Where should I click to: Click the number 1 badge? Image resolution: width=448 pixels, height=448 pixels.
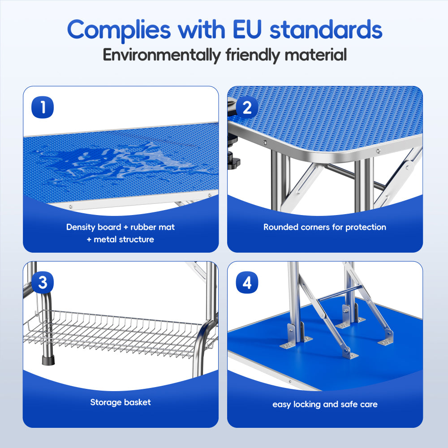point(43,108)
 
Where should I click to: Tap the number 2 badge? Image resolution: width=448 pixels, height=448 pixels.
point(247,108)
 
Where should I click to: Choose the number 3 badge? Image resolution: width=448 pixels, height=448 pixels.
point(43,283)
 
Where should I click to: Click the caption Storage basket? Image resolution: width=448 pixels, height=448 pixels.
point(121,402)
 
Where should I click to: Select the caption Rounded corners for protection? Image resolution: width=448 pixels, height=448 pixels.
point(324,227)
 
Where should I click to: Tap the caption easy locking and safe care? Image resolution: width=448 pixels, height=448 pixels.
point(325,404)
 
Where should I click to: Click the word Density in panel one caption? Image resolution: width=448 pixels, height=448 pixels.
point(81,227)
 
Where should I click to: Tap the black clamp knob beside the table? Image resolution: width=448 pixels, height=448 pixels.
point(233,159)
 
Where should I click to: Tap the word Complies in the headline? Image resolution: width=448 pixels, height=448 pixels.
point(119,30)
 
